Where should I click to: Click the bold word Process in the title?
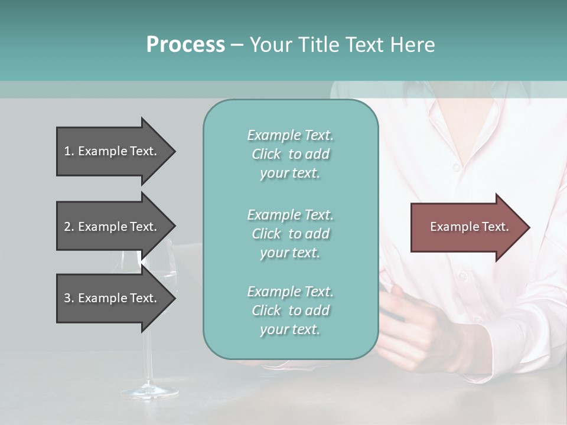point(185,45)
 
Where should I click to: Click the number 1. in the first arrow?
point(69,151)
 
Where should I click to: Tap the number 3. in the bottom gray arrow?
point(69,298)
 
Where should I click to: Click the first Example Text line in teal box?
point(290,135)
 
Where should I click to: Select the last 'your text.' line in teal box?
point(290,329)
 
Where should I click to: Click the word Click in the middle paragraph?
point(266,234)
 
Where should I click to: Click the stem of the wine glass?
point(146,354)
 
